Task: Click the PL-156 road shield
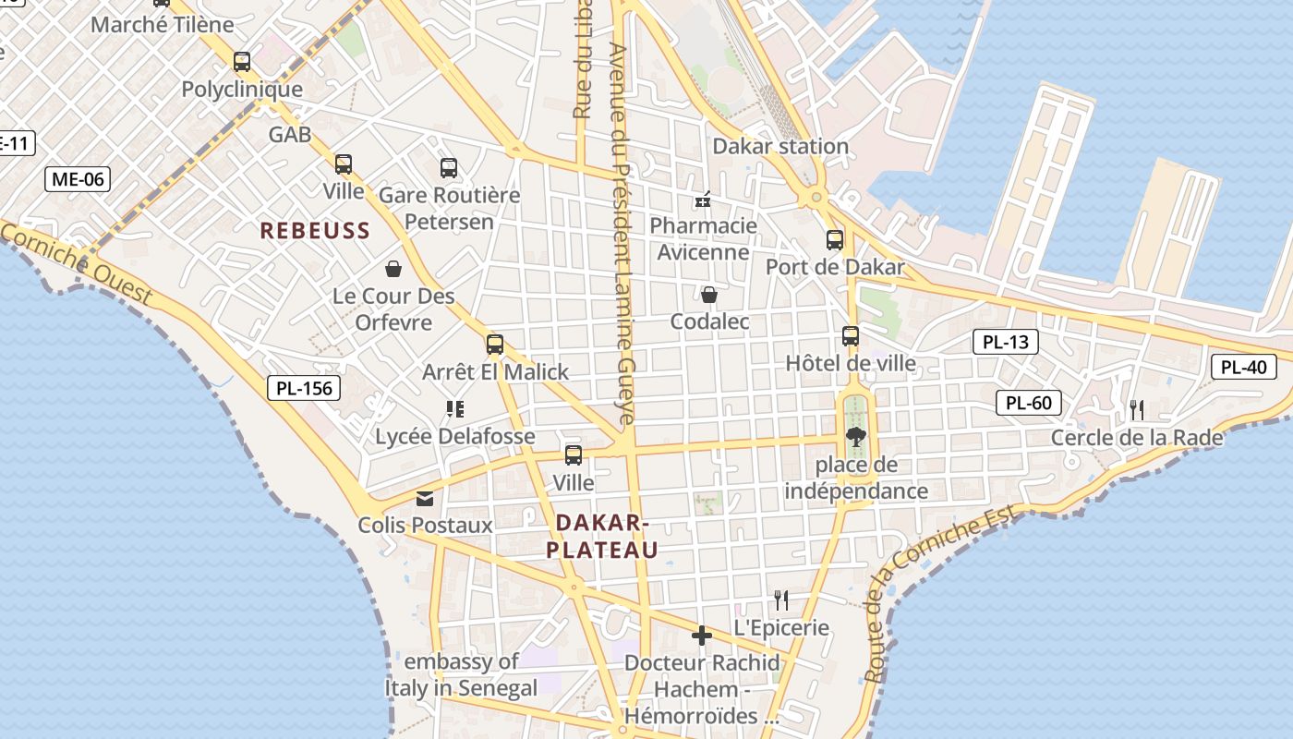(x=304, y=388)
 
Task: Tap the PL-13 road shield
(x=1006, y=342)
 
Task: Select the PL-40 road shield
(x=1243, y=367)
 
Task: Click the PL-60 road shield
(x=1029, y=403)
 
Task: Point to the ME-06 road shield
(x=78, y=179)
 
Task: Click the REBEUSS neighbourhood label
(x=315, y=231)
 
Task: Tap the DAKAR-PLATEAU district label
(x=602, y=537)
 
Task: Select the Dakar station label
(x=780, y=146)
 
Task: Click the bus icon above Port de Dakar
(x=835, y=240)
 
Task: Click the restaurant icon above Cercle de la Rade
(x=1137, y=409)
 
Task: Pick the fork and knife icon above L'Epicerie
(x=781, y=600)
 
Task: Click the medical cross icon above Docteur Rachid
(x=702, y=636)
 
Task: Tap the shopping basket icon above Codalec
(x=709, y=295)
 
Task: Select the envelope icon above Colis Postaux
(x=425, y=499)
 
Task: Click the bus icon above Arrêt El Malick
(x=495, y=345)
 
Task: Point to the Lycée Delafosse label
(x=454, y=436)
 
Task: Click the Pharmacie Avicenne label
(x=703, y=238)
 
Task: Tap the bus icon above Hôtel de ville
(x=851, y=336)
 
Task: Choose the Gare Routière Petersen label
(x=450, y=208)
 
